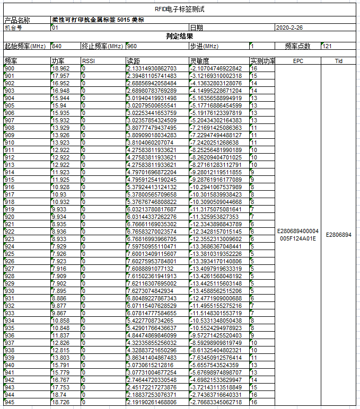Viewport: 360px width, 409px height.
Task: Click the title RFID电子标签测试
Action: click(x=179, y=10)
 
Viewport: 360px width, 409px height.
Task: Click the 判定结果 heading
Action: click(x=179, y=37)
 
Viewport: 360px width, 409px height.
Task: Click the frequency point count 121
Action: click(x=327, y=46)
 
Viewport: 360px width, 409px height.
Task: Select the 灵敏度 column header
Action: click(x=199, y=61)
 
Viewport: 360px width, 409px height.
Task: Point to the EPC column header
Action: click(x=298, y=61)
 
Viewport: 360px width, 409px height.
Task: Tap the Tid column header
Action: click(x=339, y=61)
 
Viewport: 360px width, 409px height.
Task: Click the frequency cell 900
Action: click(x=10, y=68)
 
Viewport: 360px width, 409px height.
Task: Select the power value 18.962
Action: click(x=60, y=68)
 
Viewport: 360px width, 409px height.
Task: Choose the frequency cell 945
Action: click(x=10, y=402)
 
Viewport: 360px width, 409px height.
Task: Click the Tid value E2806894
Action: click(x=339, y=234)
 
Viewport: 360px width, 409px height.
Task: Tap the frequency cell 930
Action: click(x=10, y=291)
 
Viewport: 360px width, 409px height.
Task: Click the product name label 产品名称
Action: click(x=17, y=20)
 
